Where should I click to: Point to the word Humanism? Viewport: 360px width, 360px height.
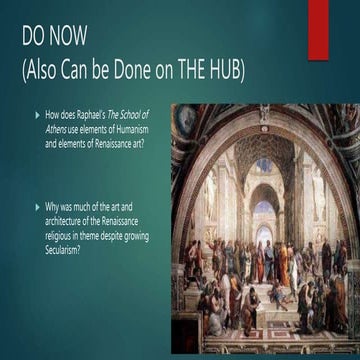point(137,130)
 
